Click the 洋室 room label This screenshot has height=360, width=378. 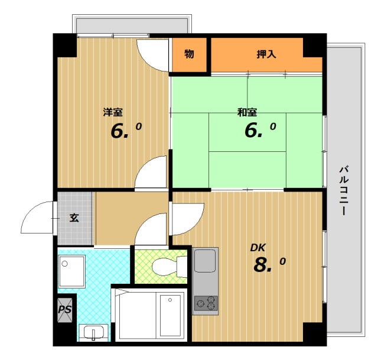(113, 112)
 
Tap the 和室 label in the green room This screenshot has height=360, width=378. (247, 112)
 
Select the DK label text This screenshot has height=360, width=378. (258, 248)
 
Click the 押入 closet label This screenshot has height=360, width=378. (266, 54)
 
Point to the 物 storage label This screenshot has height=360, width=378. (189, 54)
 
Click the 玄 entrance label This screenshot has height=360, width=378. (74, 218)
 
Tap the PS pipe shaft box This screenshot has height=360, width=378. (65, 310)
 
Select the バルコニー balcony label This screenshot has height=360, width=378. (344, 190)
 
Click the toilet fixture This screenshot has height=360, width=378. (170, 267)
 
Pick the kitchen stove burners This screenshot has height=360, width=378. (206, 303)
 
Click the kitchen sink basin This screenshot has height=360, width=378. (205, 261)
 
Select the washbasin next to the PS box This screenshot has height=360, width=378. (94, 332)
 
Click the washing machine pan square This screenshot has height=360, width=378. (71, 271)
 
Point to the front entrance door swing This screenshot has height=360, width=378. (37, 218)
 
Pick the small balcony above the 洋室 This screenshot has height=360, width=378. (132, 25)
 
